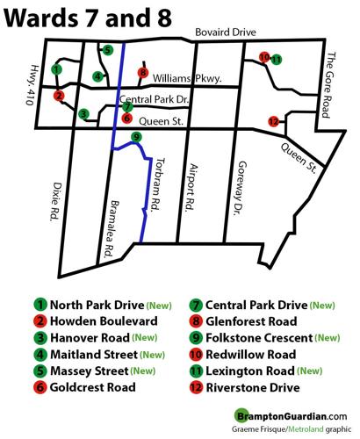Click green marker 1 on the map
pyautogui.click(x=56, y=68)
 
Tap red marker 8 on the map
pyautogui.click(x=143, y=73)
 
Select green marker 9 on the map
pyautogui.click(x=135, y=137)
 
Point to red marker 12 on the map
pyautogui.click(x=273, y=121)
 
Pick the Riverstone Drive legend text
pyautogui.click(x=254, y=386)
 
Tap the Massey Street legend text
pyautogui.click(x=91, y=370)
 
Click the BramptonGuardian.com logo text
pyautogui.click(x=290, y=416)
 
